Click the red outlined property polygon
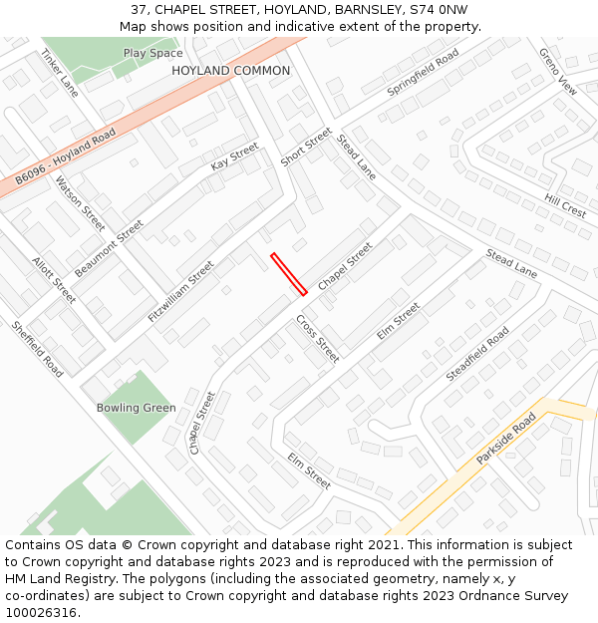coord(288,274)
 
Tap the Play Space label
coord(152,53)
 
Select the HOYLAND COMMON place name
coord(230,71)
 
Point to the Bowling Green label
coord(136,408)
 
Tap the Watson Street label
coord(80,203)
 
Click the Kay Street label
coord(234,156)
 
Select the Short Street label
coord(305,147)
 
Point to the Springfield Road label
coord(423,71)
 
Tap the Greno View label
coord(557,71)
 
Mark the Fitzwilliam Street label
coord(180,290)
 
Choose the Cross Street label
coord(317,339)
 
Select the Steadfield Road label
coord(477,353)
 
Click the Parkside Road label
coord(506,439)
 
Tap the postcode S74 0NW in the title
coord(439,10)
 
